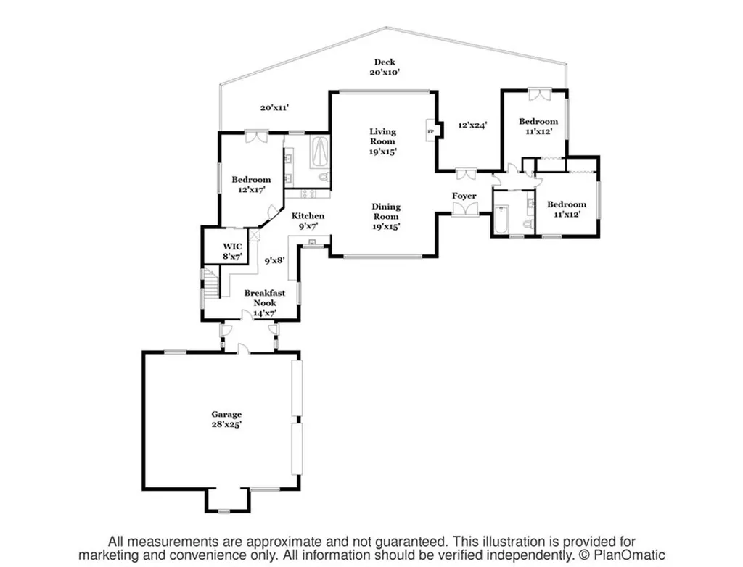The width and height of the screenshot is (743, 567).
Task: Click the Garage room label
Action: (226, 420)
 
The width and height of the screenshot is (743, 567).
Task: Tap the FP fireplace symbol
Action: (431, 131)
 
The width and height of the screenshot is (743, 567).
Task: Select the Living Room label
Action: (383, 141)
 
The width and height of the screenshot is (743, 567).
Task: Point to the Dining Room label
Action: (386, 217)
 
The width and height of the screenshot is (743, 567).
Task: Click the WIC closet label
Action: (233, 252)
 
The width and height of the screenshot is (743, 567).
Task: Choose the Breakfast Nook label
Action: (265, 302)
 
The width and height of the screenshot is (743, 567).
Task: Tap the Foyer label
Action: (464, 196)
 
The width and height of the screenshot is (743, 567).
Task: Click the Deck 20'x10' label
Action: (385, 67)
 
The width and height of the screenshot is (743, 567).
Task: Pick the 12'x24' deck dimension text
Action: (473, 125)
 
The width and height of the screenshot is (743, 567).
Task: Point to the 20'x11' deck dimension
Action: (274, 107)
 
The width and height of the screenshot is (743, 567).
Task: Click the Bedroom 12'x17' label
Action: (251, 184)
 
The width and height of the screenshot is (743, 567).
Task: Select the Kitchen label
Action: (308, 220)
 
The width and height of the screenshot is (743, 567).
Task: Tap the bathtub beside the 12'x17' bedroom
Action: (319, 152)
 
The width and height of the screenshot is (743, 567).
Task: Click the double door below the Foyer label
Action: (464, 210)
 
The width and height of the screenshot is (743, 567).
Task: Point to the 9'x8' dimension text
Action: (274, 260)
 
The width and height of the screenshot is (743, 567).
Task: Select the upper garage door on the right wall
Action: (297, 388)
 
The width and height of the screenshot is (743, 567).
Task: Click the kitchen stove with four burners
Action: (307, 194)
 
